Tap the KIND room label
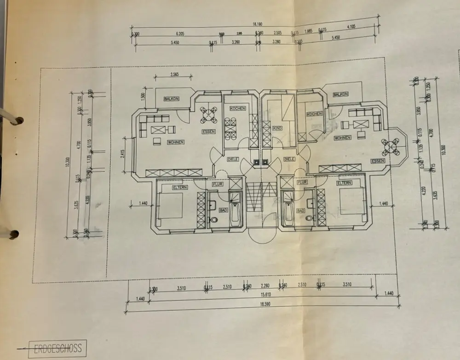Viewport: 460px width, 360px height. [277, 128]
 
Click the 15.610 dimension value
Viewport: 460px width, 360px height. [264, 295]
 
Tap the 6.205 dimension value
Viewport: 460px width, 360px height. [180, 34]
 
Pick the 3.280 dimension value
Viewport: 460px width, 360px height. [276, 42]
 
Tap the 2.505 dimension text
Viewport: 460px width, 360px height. [277, 33]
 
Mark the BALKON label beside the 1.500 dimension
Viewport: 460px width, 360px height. [171, 99]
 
